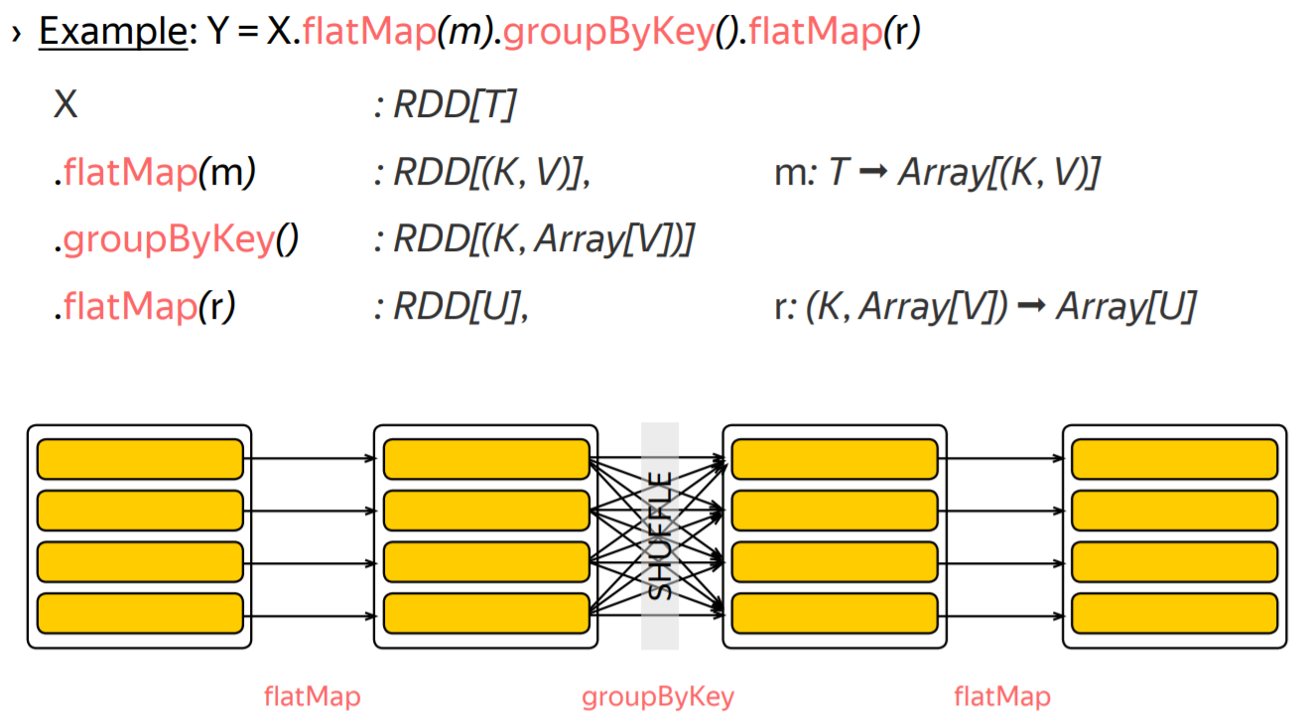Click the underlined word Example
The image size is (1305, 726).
[112, 33]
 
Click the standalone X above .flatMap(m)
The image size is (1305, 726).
[65, 104]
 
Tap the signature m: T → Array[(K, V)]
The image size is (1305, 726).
[937, 173]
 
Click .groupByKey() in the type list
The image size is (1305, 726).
[176, 240]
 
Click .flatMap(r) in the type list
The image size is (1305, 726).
[145, 308]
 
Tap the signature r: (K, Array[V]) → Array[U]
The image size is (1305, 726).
[984, 308]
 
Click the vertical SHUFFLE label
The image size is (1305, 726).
[660, 535]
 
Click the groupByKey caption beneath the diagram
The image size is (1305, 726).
[658, 697]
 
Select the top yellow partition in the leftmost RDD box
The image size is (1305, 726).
[140, 459]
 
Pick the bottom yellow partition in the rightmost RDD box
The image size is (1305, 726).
[1174, 614]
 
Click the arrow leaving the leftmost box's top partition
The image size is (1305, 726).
[310, 459]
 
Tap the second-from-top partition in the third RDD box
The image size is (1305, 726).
[835, 510]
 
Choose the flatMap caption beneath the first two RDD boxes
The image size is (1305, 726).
[313, 697]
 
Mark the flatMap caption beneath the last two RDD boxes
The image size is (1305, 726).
[1002, 697]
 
